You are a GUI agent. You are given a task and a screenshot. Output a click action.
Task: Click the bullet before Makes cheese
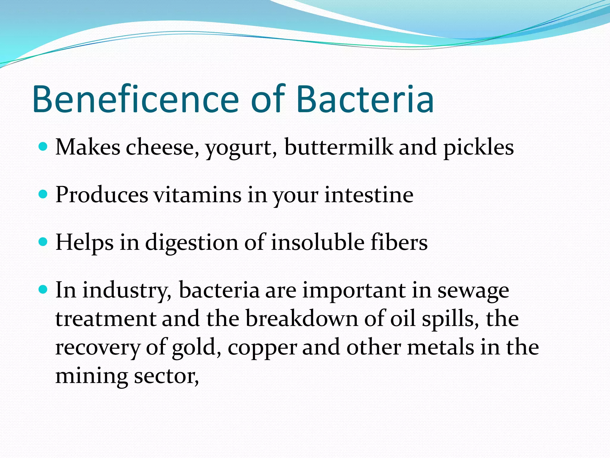(x=43, y=147)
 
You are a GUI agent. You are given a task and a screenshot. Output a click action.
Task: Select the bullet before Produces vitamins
(x=43, y=194)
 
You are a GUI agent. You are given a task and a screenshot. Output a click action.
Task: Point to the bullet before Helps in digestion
(x=43, y=242)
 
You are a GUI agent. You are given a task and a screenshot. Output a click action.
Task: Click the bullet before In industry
(x=43, y=290)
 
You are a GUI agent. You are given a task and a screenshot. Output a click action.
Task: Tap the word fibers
(x=399, y=242)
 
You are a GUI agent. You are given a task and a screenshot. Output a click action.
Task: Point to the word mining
(x=91, y=377)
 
